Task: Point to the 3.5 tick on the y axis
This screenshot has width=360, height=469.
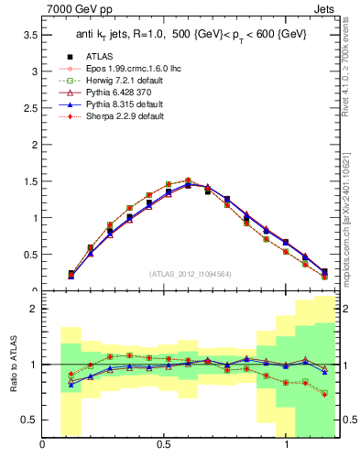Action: coord(28,35)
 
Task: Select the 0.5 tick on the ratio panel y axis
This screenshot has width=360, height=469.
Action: coord(28,420)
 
